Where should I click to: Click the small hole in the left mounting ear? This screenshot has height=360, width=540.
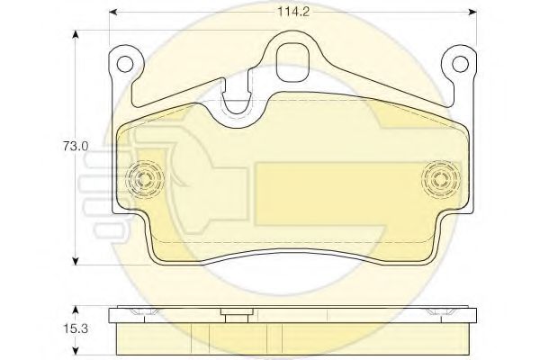(x=126, y=65)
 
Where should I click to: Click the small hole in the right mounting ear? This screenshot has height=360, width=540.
(x=459, y=65)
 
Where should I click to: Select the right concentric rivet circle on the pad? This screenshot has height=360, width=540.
(x=440, y=177)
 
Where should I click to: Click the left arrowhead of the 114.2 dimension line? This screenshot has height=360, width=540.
(x=112, y=13)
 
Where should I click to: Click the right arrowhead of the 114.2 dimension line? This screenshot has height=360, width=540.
(x=474, y=13)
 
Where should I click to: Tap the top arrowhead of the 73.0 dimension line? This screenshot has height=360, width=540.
(x=75, y=34)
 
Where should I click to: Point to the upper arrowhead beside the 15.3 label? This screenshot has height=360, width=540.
(x=75, y=309)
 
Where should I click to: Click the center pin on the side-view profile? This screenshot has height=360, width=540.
(x=236, y=314)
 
